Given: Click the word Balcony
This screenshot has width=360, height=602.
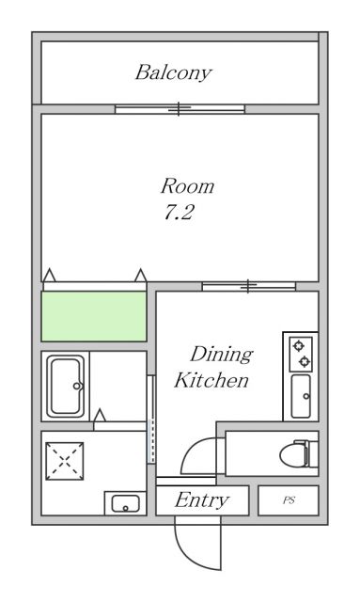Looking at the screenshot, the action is (173, 73).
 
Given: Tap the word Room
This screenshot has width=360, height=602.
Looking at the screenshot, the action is (187, 186).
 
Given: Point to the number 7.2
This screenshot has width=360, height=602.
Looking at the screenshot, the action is (180, 212).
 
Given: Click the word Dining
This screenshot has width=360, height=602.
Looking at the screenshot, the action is (222, 356).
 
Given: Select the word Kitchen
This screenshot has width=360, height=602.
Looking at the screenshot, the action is (211, 380).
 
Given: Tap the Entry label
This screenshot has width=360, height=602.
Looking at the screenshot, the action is (202, 500).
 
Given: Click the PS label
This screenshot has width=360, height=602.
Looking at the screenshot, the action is (289, 500).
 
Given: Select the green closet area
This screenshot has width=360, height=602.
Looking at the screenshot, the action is (94, 316).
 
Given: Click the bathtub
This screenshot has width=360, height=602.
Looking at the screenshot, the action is (66, 386).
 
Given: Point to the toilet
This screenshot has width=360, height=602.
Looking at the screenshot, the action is (299, 454).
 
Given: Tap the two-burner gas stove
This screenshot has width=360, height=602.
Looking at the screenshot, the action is (301, 354).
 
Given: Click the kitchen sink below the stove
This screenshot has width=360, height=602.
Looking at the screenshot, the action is (301, 396).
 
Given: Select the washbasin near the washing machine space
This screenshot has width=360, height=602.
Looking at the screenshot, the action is (126, 503).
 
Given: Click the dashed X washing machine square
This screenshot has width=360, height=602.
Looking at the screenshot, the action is (65, 461).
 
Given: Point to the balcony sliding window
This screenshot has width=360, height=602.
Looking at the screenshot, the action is (180, 109).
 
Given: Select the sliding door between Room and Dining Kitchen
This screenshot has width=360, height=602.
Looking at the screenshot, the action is (249, 286).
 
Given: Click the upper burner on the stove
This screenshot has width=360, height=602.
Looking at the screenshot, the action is (299, 346).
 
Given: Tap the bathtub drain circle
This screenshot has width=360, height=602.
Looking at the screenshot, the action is (77, 386).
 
